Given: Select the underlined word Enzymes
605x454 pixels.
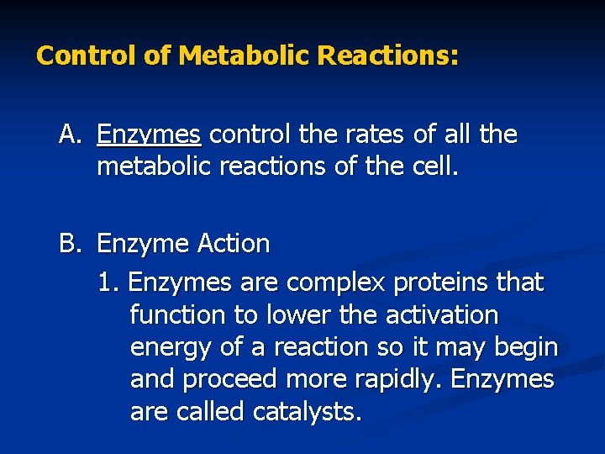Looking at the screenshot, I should click(x=149, y=135).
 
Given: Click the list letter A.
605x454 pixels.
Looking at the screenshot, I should click(x=69, y=134).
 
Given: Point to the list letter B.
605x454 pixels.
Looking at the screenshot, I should click(x=69, y=244).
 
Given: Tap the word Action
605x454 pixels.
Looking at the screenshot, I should click(x=234, y=244).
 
